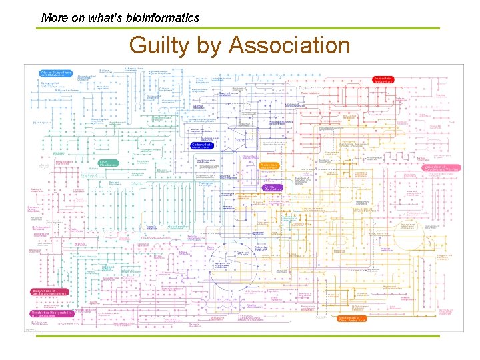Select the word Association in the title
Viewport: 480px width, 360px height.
pyautogui.click(x=289, y=45)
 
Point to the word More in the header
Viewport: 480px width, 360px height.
pyautogui.click(x=54, y=18)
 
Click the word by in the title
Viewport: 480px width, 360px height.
pyautogui.click(x=207, y=45)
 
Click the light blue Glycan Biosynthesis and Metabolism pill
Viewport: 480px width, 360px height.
pyautogui.click(x=55, y=73)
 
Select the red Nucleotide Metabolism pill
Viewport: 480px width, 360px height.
pyautogui.click(x=383, y=79)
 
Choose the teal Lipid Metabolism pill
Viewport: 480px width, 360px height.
pyautogui.click(x=109, y=163)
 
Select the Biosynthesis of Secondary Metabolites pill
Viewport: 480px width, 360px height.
pyautogui.click(x=49, y=292)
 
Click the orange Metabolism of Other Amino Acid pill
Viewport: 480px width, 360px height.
pyautogui.click(x=354, y=319)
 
